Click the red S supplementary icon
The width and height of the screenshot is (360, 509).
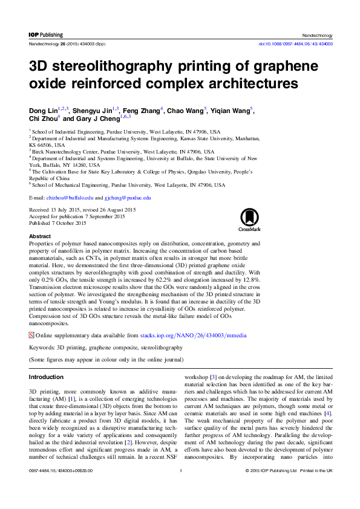tap(32, 335)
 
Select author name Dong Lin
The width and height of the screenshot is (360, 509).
tap(42, 111)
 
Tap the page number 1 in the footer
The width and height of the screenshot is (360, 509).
tap(180, 487)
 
